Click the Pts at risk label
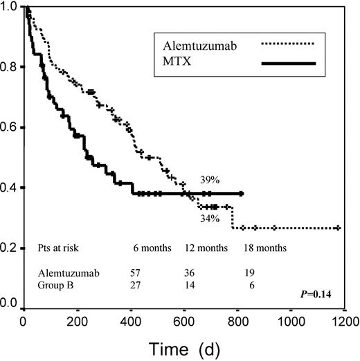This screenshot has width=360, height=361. click(x=63, y=247)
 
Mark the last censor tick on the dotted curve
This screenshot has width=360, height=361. click(x=337, y=228)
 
